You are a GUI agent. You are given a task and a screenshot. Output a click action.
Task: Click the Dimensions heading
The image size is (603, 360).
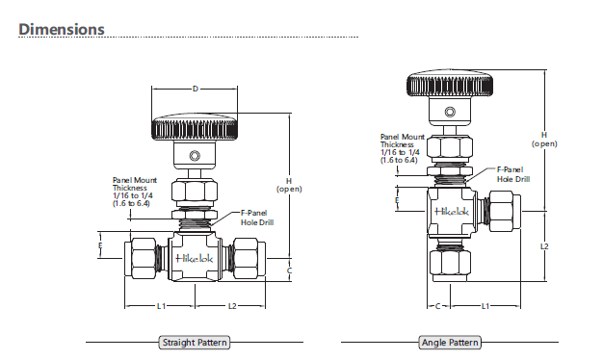click(x=62, y=29)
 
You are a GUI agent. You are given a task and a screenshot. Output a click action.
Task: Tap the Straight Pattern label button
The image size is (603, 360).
click(x=195, y=343)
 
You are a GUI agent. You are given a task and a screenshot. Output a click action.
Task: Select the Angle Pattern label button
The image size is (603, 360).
click(x=450, y=343)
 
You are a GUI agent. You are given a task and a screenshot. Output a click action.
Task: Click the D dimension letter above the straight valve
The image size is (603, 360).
click(x=196, y=89)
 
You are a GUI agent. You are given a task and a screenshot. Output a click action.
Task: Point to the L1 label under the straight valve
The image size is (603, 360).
click(x=161, y=306)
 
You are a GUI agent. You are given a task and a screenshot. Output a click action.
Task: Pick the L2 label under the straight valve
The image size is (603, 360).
click(x=232, y=306)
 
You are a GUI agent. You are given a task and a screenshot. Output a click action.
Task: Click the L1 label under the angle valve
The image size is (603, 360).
click(x=485, y=306)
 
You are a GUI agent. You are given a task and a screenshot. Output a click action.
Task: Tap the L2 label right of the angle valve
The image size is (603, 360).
click(x=544, y=246)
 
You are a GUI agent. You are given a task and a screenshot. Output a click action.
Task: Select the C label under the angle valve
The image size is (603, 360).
click(x=437, y=306)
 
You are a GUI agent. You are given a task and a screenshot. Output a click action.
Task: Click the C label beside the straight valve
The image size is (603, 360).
click(x=290, y=270)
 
